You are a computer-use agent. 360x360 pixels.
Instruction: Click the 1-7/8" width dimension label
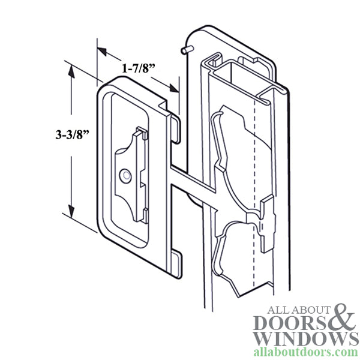(x=139, y=69)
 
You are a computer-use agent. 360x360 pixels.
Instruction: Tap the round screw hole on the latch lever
(x=125, y=176)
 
